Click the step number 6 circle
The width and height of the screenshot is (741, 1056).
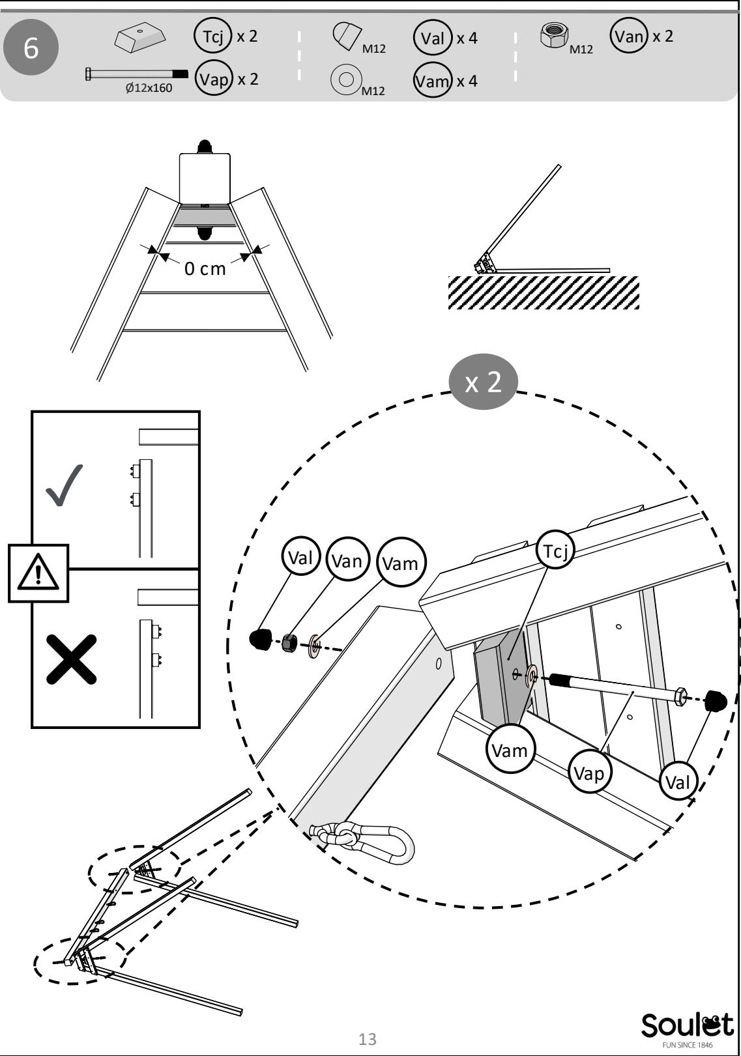tap(31, 47)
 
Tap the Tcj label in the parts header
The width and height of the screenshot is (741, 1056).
tap(212, 35)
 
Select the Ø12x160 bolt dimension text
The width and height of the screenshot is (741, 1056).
tap(149, 88)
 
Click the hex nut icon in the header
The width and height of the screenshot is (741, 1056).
tap(554, 35)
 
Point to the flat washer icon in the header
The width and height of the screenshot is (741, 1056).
tap(346, 79)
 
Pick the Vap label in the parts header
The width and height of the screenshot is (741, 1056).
tap(214, 78)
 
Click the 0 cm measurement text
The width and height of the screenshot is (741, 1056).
tap(205, 268)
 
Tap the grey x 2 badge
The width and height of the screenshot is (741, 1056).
tap(483, 381)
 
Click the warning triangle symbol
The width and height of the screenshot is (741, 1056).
tap(38, 573)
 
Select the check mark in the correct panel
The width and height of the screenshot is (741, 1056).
tap(65, 485)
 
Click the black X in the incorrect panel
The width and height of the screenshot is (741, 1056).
tap(71, 659)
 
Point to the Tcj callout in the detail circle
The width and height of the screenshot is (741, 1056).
tap(555, 550)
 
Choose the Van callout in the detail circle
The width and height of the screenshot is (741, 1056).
tap(347, 560)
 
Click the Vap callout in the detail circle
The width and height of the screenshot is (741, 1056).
tap(589, 773)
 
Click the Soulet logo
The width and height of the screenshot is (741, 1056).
tap(687, 1029)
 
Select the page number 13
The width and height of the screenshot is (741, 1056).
tap(368, 1039)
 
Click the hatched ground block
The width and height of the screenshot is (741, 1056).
tap(544, 293)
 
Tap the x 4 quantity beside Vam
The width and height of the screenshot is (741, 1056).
tap(467, 81)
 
